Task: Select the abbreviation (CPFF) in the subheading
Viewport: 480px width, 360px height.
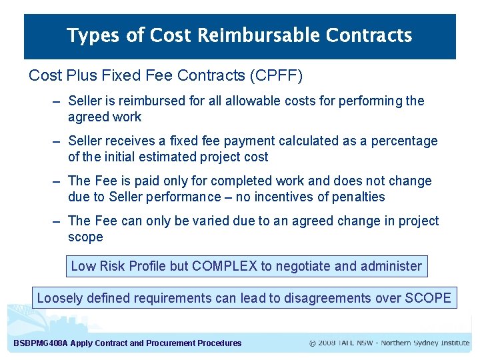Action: [276, 76]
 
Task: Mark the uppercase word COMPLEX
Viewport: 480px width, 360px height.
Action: [225, 266]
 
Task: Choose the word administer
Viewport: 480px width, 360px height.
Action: [391, 266]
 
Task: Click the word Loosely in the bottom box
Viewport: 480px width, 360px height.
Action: [59, 298]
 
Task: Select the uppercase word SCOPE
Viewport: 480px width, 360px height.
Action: [428, 298]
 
